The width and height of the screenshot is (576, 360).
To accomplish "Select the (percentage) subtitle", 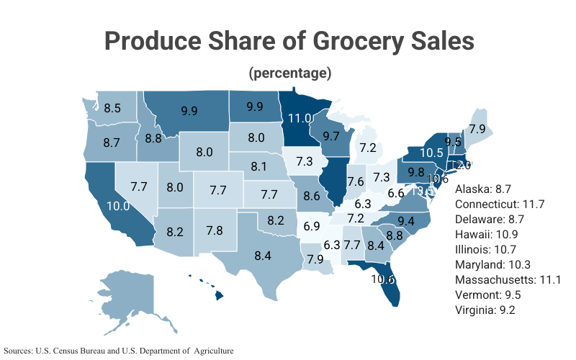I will point(289,73).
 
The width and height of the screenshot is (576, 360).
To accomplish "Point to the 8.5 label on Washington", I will point(112,109).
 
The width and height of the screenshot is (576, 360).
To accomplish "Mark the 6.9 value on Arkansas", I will point(312,226).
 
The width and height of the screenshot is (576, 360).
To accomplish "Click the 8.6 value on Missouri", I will point(312,195).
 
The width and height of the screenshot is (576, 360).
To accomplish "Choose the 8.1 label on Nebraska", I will point(259,166).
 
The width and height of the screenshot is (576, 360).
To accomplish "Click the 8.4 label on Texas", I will point(263,254).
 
